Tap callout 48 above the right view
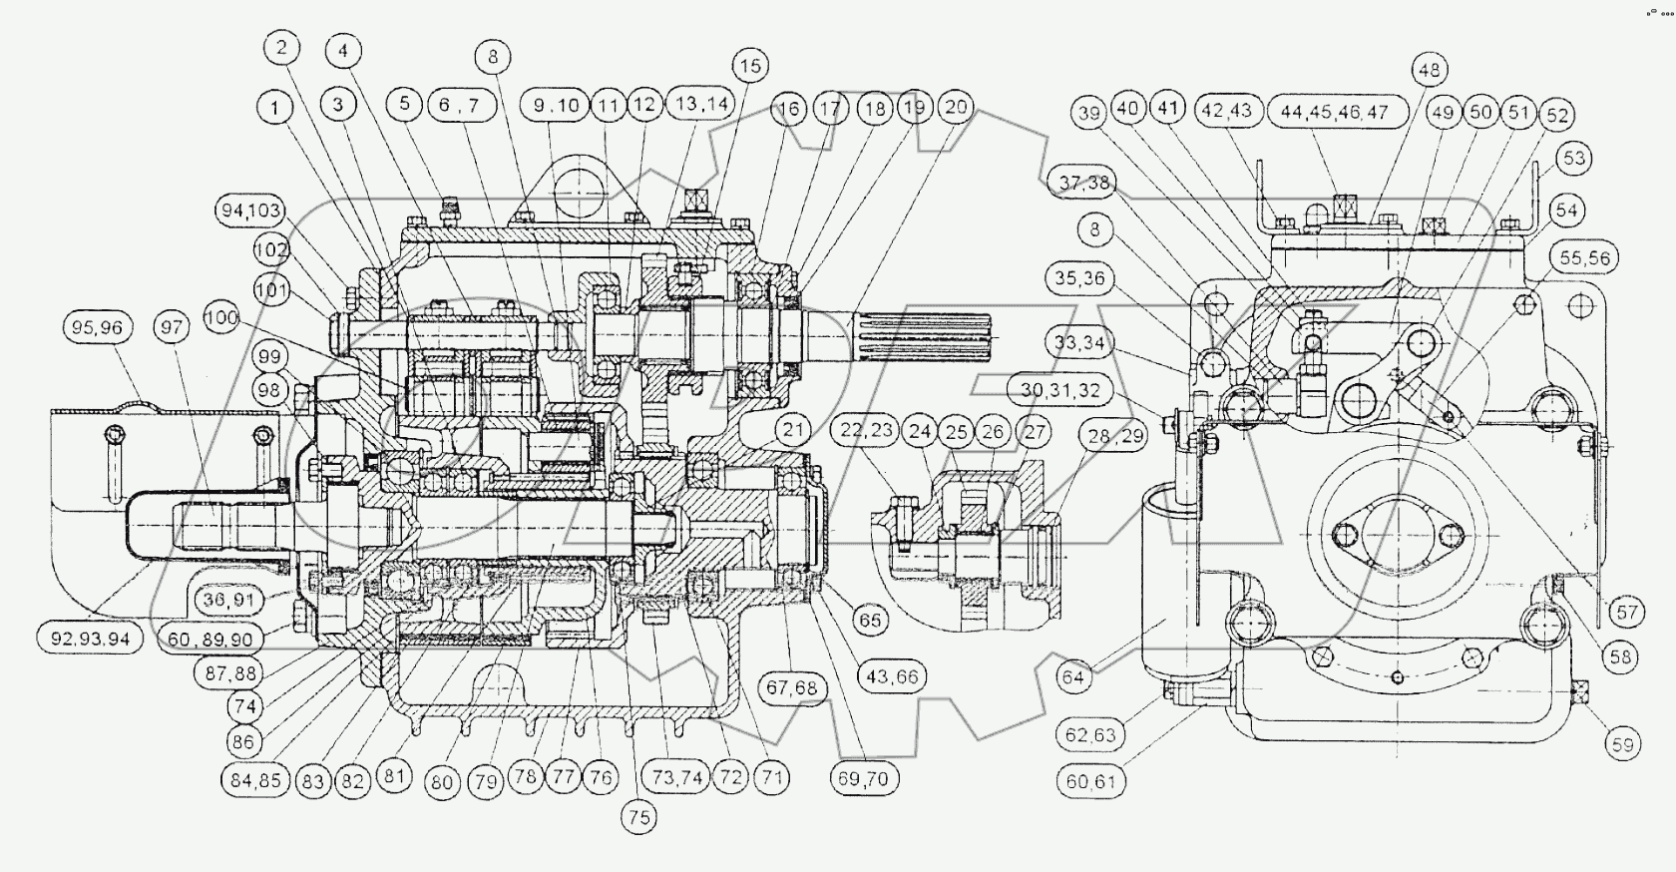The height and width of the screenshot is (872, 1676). coord(1429,70)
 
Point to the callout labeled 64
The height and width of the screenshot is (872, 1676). coord(1073,677)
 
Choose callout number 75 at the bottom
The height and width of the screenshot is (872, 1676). coord(639,817)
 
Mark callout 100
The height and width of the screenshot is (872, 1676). coord(221,318)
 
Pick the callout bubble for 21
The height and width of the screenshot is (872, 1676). coord(793,431)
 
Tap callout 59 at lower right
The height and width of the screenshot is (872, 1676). coord(1623,743)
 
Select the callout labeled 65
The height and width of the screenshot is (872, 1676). coord(871,620)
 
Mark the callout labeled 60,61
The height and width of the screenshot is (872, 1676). coord(1090,781)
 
